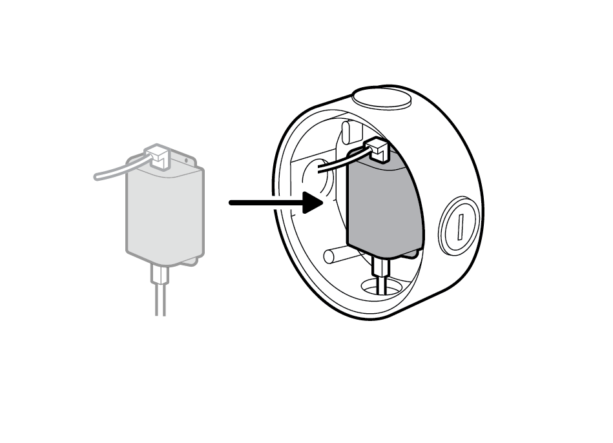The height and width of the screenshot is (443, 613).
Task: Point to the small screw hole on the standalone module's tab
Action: [186, 160]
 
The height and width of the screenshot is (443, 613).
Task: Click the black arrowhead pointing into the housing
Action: [311, 203]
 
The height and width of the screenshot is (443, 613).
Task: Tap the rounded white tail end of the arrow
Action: [216, 203]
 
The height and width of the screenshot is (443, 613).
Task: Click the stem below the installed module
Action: [381, 268]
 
